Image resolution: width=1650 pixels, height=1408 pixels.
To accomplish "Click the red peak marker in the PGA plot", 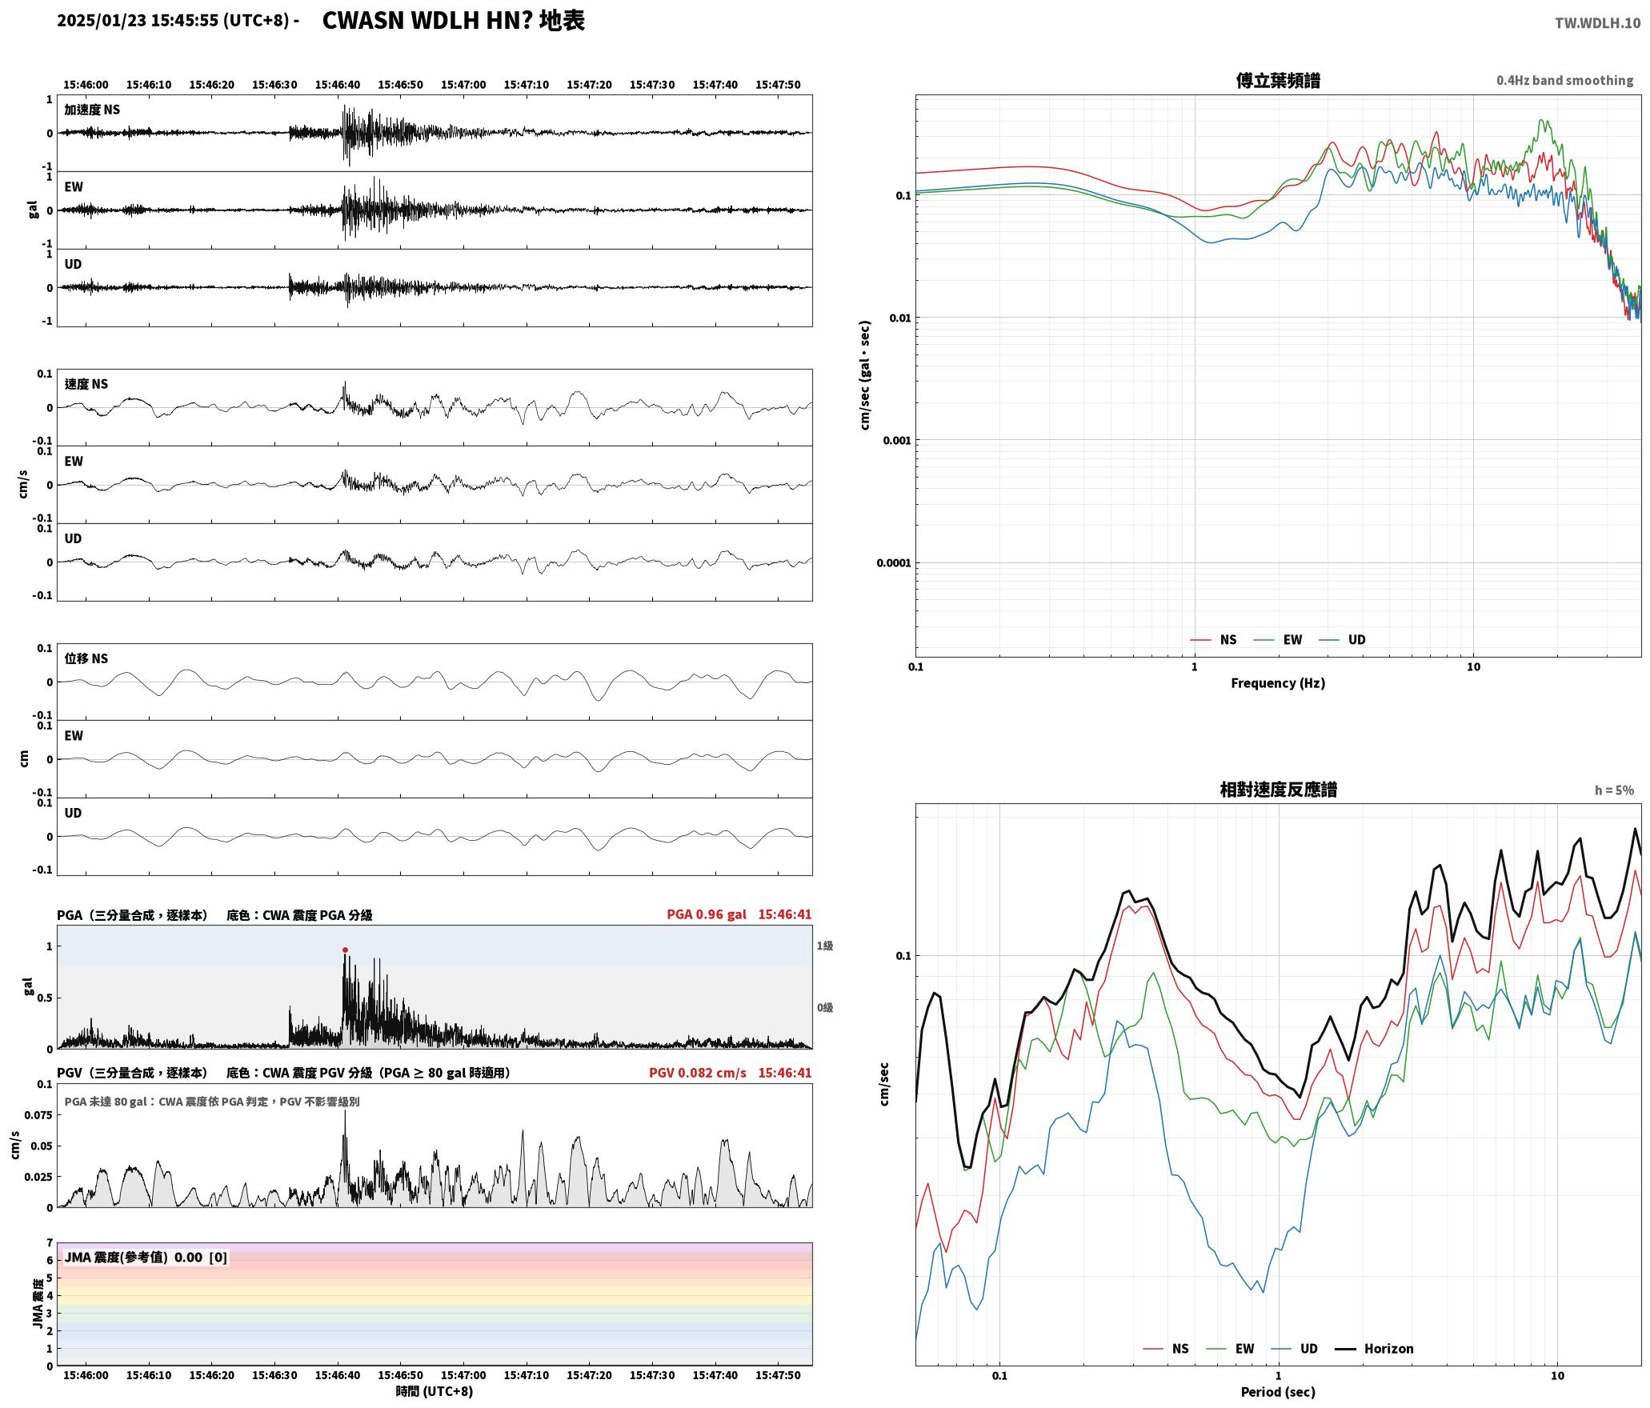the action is click(x=345, y=950).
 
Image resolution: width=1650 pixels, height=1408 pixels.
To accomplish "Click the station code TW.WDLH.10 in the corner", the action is click(x=1597, y=23).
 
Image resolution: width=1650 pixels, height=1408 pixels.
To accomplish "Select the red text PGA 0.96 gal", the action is click(x=707, y=914).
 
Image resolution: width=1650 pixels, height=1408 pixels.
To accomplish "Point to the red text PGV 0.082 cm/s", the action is click(x=698, y=1072).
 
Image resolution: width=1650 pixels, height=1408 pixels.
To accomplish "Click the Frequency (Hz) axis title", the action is click(x=1278, y=682).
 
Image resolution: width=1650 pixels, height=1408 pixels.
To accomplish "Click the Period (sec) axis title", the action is click(x=1278, y=1391).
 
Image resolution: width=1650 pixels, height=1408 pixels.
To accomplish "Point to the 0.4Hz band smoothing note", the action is click(x=1564, y=80).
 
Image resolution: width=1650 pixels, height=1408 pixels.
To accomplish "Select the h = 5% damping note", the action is click(x=1614, y=790).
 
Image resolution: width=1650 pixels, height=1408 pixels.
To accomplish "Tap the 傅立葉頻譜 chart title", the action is click(x=1278, y=80).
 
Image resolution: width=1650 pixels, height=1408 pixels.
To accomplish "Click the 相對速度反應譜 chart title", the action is click(x=1278, y=789).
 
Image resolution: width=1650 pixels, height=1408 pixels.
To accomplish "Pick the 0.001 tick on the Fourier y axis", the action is click(x=896, y=440).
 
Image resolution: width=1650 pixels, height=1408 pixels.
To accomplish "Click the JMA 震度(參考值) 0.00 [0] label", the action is click(x=146, y=1257).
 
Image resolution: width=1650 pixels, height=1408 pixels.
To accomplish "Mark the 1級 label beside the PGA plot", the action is click(x=825, y=946).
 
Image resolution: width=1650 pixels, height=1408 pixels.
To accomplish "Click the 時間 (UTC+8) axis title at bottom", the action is click(x=434, y=1391).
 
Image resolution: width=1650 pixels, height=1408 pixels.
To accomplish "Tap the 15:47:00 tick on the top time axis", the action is click(x=463, y=84).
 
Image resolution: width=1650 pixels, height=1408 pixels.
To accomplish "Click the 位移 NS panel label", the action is click(x=86, y=658).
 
